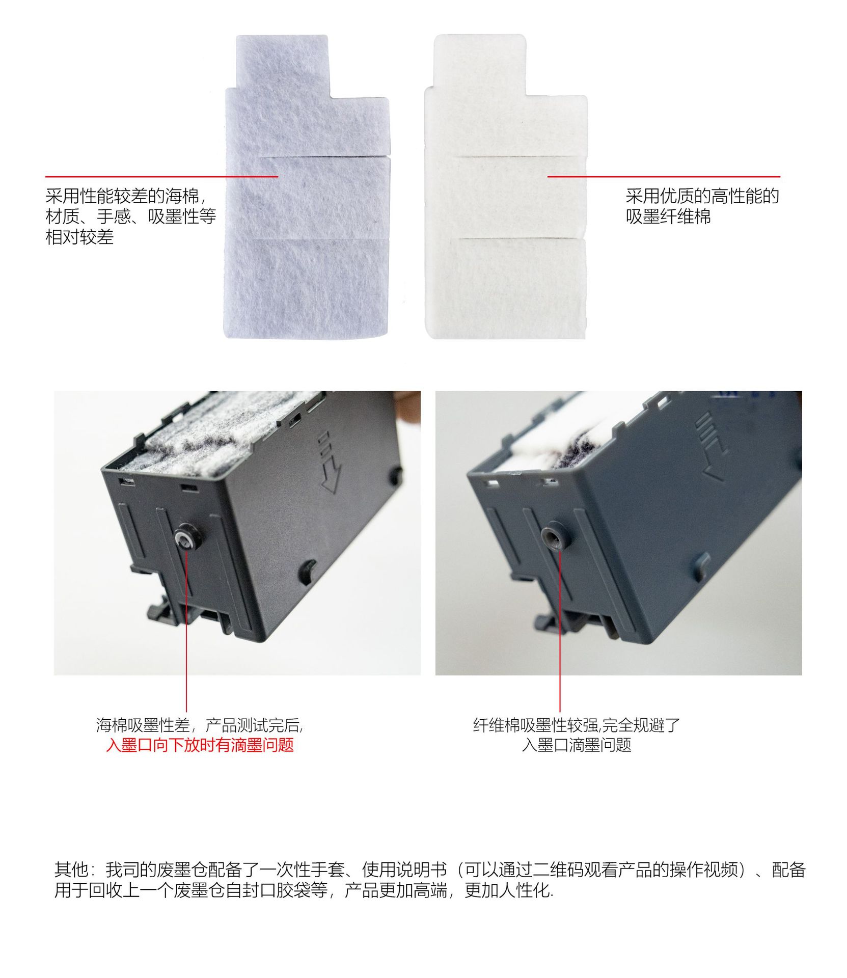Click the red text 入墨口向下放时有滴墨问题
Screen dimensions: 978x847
tap(200, 745)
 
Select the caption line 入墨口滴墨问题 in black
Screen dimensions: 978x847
tap(576, 745)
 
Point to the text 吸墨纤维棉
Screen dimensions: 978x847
tap(668, 216)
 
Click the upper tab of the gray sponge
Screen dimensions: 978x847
tap(282, 61)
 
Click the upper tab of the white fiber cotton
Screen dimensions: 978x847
tap(479, 61)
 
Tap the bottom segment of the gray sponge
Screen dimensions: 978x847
tap(306, 288)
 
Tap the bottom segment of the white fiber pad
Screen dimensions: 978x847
tap(507, 288)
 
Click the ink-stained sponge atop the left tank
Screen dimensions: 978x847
tap(214, 438)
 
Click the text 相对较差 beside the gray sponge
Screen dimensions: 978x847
tap(79, 237)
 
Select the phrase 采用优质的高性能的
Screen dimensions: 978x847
tap(702, 196)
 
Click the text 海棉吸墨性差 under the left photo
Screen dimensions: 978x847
tap(143, 724)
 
